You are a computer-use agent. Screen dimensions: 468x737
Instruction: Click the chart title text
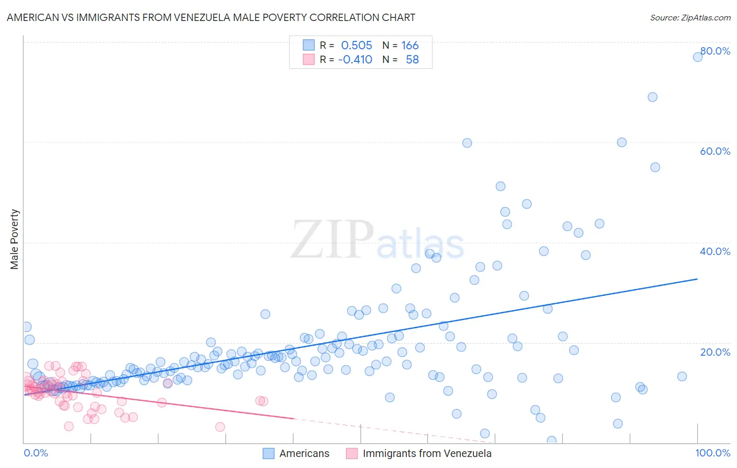click(211, 17)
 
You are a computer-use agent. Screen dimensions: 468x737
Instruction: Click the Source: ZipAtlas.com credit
click(690, 17)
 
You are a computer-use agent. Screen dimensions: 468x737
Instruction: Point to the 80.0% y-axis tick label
click(715, 51)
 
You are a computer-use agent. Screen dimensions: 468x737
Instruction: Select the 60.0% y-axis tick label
click(715, 151)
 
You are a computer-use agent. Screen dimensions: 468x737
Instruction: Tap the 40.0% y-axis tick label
click(715, 251)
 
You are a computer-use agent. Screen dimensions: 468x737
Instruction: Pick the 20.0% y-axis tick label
click(715, 352)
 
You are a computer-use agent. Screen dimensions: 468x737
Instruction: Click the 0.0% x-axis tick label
click(36, 453)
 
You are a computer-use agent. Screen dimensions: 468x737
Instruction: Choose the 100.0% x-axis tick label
click(712, 453)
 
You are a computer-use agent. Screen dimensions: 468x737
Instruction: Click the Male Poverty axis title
click(15, 239)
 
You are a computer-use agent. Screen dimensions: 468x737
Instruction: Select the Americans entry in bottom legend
click(304, 453)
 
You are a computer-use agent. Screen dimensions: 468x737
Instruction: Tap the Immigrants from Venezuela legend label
click(427, 453)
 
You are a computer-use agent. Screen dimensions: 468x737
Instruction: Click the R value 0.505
click(356, 46)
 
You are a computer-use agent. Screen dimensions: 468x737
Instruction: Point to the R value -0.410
click(355, 60)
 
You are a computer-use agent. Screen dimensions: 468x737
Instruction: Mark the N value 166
click(410, 46)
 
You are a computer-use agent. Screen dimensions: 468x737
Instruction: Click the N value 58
click(412, 60)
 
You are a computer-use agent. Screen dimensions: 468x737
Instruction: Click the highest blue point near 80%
click(698, 57)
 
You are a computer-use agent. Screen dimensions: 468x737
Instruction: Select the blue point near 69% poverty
click(653, 97)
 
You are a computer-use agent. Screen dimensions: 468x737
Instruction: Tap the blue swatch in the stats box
click(309, 45)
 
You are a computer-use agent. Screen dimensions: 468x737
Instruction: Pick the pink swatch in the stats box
click(309, 59)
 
